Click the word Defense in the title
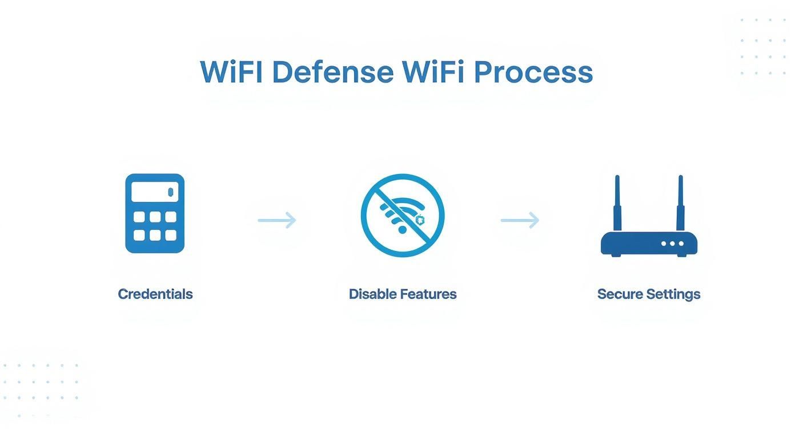[332, 72]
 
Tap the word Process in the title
[533, 72]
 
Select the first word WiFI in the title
[231, 72]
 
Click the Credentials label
[155, 294]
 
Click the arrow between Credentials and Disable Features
[277, 220]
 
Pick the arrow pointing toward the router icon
[520, 220]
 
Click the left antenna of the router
[617, 203]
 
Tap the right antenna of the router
[680, 203]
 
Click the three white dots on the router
[672, 244]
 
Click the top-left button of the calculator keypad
[139, 217]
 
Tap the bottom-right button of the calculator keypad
[171, 235]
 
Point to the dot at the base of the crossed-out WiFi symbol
[402, 229]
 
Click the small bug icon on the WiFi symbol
[420, 220]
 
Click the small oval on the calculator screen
[170, 192]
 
